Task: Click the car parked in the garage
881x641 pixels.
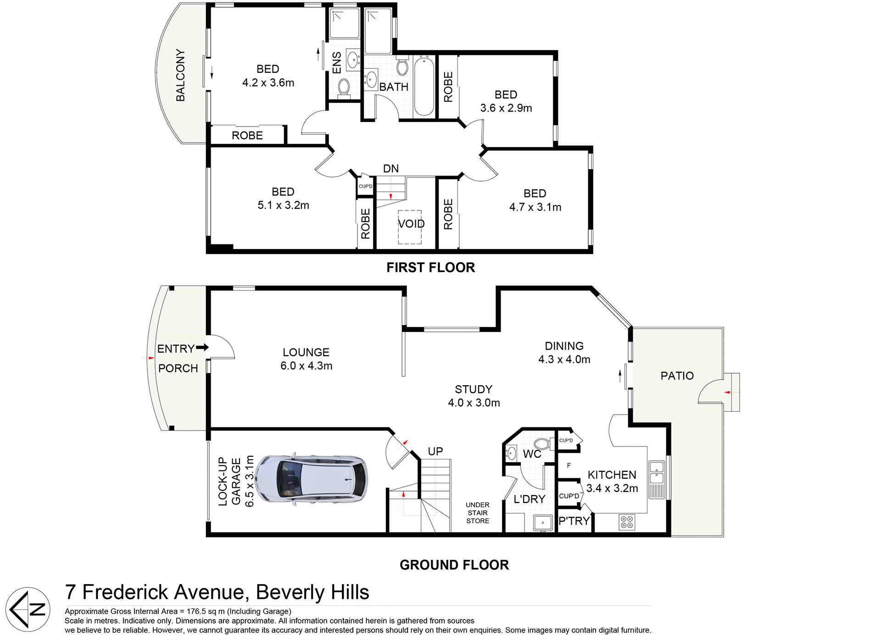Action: point(311,480)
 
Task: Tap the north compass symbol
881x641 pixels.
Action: point(28,609)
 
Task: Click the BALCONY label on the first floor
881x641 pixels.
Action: point(181,75)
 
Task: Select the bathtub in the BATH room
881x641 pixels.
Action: point(424,86)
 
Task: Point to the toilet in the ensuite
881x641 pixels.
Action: point(344,87)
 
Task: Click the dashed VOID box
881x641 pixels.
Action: point(410,227)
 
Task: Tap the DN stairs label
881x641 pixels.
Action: point(391,169)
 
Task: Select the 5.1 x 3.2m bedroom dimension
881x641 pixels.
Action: point(283,205)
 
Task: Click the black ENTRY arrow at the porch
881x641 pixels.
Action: point(202,348)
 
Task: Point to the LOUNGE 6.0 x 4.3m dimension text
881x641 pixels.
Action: point(306,366)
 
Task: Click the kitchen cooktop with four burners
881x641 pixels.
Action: point(627,522)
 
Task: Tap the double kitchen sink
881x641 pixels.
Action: point(657,473)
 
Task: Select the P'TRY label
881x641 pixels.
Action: point(574,521)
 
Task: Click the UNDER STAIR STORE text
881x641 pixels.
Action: point(478,513)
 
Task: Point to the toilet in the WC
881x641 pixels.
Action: point(541,444)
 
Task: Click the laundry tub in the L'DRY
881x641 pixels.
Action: point(543,522)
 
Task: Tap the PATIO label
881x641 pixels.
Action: point(677,376)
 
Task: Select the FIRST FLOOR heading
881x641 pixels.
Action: point(430,267)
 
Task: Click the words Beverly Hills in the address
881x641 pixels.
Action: point(312,592)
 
